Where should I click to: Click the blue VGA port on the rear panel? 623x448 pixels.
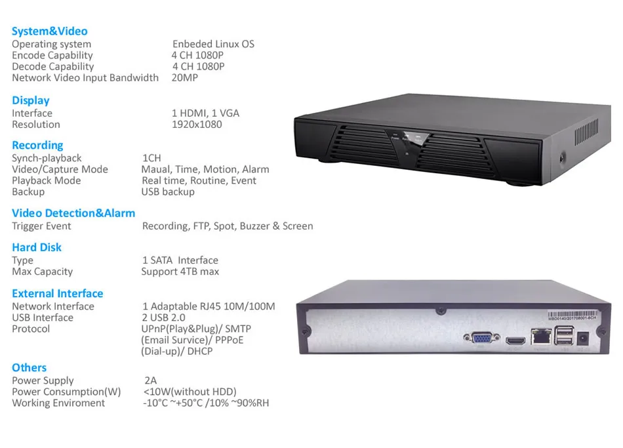point(481,338)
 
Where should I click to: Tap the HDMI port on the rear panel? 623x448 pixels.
point(515,340)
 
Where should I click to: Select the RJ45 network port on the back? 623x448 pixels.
point(541,336)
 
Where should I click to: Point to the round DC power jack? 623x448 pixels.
point(582,338)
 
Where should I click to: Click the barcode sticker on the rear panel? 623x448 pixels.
point(572,316)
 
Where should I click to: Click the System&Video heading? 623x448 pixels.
point(50,31)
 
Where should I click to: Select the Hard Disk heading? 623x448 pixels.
point(37,247)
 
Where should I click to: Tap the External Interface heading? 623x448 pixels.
point(58,293)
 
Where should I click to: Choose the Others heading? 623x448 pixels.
point(29,367)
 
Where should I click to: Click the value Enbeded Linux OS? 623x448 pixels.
point(213,44)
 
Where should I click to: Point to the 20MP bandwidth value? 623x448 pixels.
point(185,77)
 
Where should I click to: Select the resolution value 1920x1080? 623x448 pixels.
point(197,125)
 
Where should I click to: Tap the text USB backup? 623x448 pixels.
point(168,192)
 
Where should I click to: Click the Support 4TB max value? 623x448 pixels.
point(180,272)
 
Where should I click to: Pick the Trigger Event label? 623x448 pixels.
point(41,226)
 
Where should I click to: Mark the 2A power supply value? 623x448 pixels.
point(151,380)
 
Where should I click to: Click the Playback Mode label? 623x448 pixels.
point(46,180)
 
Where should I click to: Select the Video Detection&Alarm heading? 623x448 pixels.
point(73,213)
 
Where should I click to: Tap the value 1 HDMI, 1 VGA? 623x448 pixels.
point(205,113)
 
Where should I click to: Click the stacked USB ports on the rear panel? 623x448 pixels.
point(564,335)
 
